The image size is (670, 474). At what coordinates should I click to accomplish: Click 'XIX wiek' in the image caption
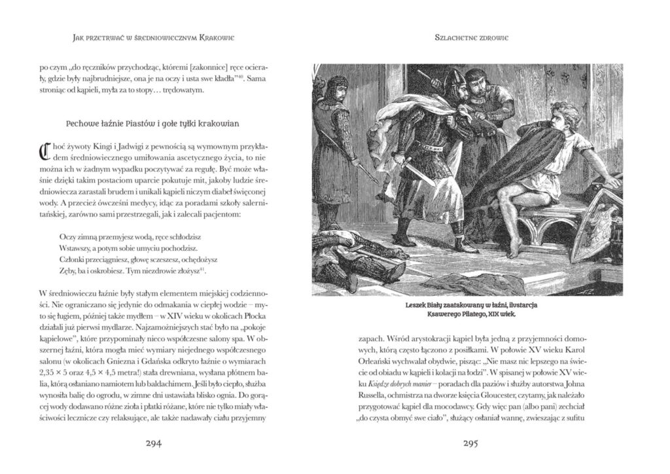[x=501, y=314]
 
